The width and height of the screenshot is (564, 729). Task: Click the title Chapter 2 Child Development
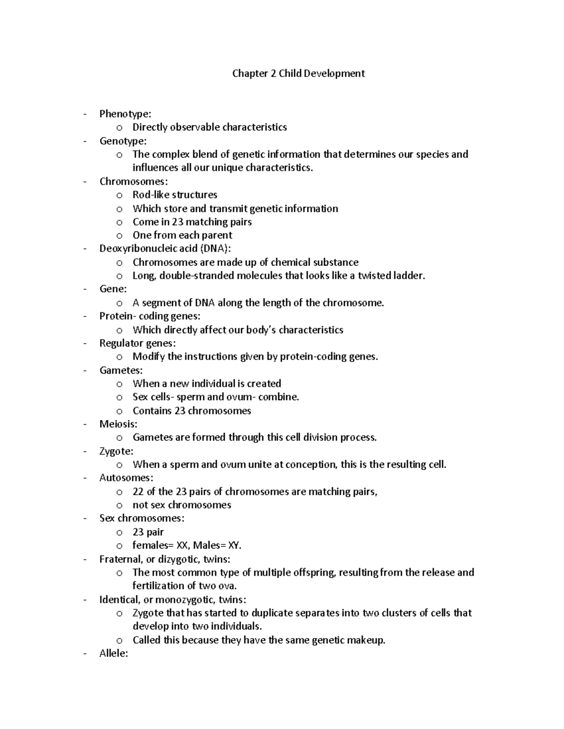click(298, 74)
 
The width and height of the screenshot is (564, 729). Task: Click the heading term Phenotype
click(125, 114)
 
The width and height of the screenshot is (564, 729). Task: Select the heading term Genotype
click(122, 141)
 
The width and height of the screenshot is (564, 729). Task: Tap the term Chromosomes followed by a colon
click(133, 182)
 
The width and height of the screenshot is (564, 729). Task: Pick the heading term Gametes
click(120, 370)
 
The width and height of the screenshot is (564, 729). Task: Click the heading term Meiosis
click(117, 424)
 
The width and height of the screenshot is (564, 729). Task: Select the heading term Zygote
click(116, 452)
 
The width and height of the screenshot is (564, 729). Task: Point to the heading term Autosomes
click(125, 478)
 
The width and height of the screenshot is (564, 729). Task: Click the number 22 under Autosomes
click(138, 492)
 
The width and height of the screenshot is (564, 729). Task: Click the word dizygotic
click(179, 560)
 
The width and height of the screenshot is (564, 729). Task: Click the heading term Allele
click(113, 653)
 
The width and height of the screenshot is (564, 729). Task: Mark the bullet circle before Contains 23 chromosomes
click(119, 411)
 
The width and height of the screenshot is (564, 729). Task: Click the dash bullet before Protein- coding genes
click(85, 316)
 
